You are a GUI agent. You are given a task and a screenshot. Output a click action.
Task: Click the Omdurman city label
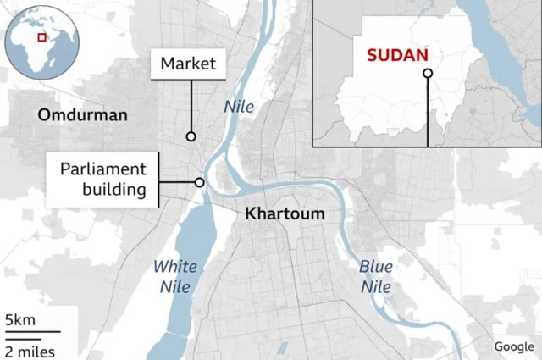click(x=82, y=114)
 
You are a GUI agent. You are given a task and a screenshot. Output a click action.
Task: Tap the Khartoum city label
click(x=285, y=213)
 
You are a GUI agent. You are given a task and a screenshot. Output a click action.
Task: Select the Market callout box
click(x=188, y=64)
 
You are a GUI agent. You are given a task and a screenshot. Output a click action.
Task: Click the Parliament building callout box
click(x=103, y=178)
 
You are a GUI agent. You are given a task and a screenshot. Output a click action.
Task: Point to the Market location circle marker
click(x=191, y=136)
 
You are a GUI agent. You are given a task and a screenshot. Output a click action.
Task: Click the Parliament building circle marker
click(x=200, y=182)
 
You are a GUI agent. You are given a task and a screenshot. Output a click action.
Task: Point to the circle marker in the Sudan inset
click(x=428, y=74)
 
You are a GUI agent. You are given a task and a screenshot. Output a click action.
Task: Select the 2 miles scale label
click(x=30, y=350)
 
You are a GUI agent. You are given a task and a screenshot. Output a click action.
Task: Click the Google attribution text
click(x=514, y=346)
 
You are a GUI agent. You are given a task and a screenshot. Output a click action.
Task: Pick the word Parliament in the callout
click(x=103, y=168)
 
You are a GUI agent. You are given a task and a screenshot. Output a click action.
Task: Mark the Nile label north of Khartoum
click(x=238, y=107)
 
